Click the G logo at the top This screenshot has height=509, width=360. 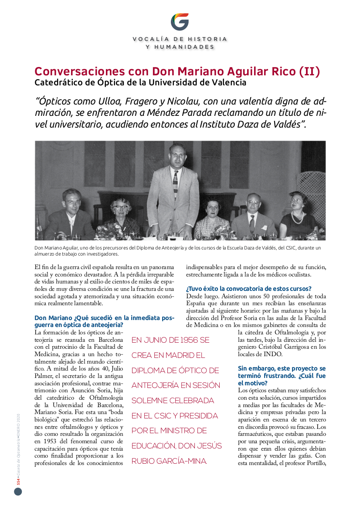tap(180, 22)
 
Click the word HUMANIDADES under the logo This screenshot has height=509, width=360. tap(180, 47)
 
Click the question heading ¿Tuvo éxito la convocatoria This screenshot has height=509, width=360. tap(248, 288)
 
